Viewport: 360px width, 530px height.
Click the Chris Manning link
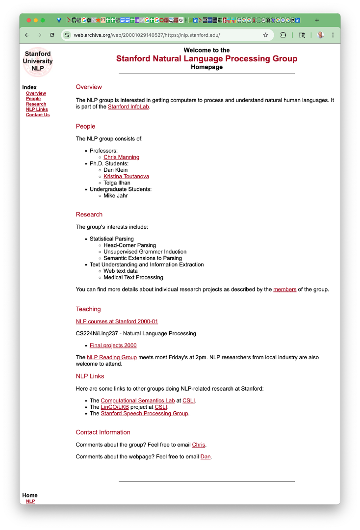121,157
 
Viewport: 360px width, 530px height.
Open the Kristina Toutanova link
126,176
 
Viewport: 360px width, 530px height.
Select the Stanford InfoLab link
129,106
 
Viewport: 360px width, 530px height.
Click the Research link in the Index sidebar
36,104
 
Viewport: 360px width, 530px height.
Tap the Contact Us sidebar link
38,115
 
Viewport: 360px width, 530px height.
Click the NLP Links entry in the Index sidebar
37,109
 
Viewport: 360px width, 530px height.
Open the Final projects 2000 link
113,345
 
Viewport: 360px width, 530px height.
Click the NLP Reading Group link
111,357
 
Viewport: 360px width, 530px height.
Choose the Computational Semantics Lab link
137,400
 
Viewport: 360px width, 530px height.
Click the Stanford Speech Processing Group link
144,413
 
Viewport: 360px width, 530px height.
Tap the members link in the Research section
284,290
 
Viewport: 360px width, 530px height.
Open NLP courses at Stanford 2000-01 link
117,321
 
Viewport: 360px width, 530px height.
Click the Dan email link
205,457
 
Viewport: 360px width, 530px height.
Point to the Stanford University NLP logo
38,61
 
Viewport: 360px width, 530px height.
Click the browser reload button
52,35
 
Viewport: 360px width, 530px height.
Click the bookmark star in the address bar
266,35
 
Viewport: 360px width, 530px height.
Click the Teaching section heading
88,309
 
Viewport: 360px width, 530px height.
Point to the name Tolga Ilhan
117,183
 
